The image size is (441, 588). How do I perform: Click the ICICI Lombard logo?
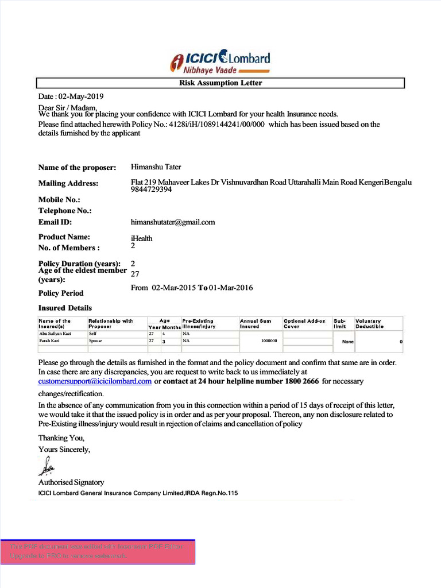(220, 61)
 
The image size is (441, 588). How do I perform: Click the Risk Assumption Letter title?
(220, 83)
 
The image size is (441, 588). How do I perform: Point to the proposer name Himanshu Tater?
(156, 167)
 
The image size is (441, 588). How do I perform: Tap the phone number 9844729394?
(151, 189)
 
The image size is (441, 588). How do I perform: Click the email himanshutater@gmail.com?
(172, 222)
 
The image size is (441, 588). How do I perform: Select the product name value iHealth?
(141, 238)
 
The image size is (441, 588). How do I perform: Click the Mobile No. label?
(59, 200)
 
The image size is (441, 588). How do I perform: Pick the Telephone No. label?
(65, 211)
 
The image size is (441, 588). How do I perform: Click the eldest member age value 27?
(136, 274)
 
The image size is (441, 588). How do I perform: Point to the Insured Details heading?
(65, 308)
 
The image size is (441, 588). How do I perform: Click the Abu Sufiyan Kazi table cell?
(55, 333)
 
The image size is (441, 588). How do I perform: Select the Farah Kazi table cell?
(49, 341)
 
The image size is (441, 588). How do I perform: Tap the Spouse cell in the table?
(96, 341)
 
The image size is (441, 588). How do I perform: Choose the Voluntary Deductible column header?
(370, 324)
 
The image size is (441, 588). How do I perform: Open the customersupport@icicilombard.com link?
(95, 381)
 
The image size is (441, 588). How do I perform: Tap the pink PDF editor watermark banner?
(98, 551)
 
